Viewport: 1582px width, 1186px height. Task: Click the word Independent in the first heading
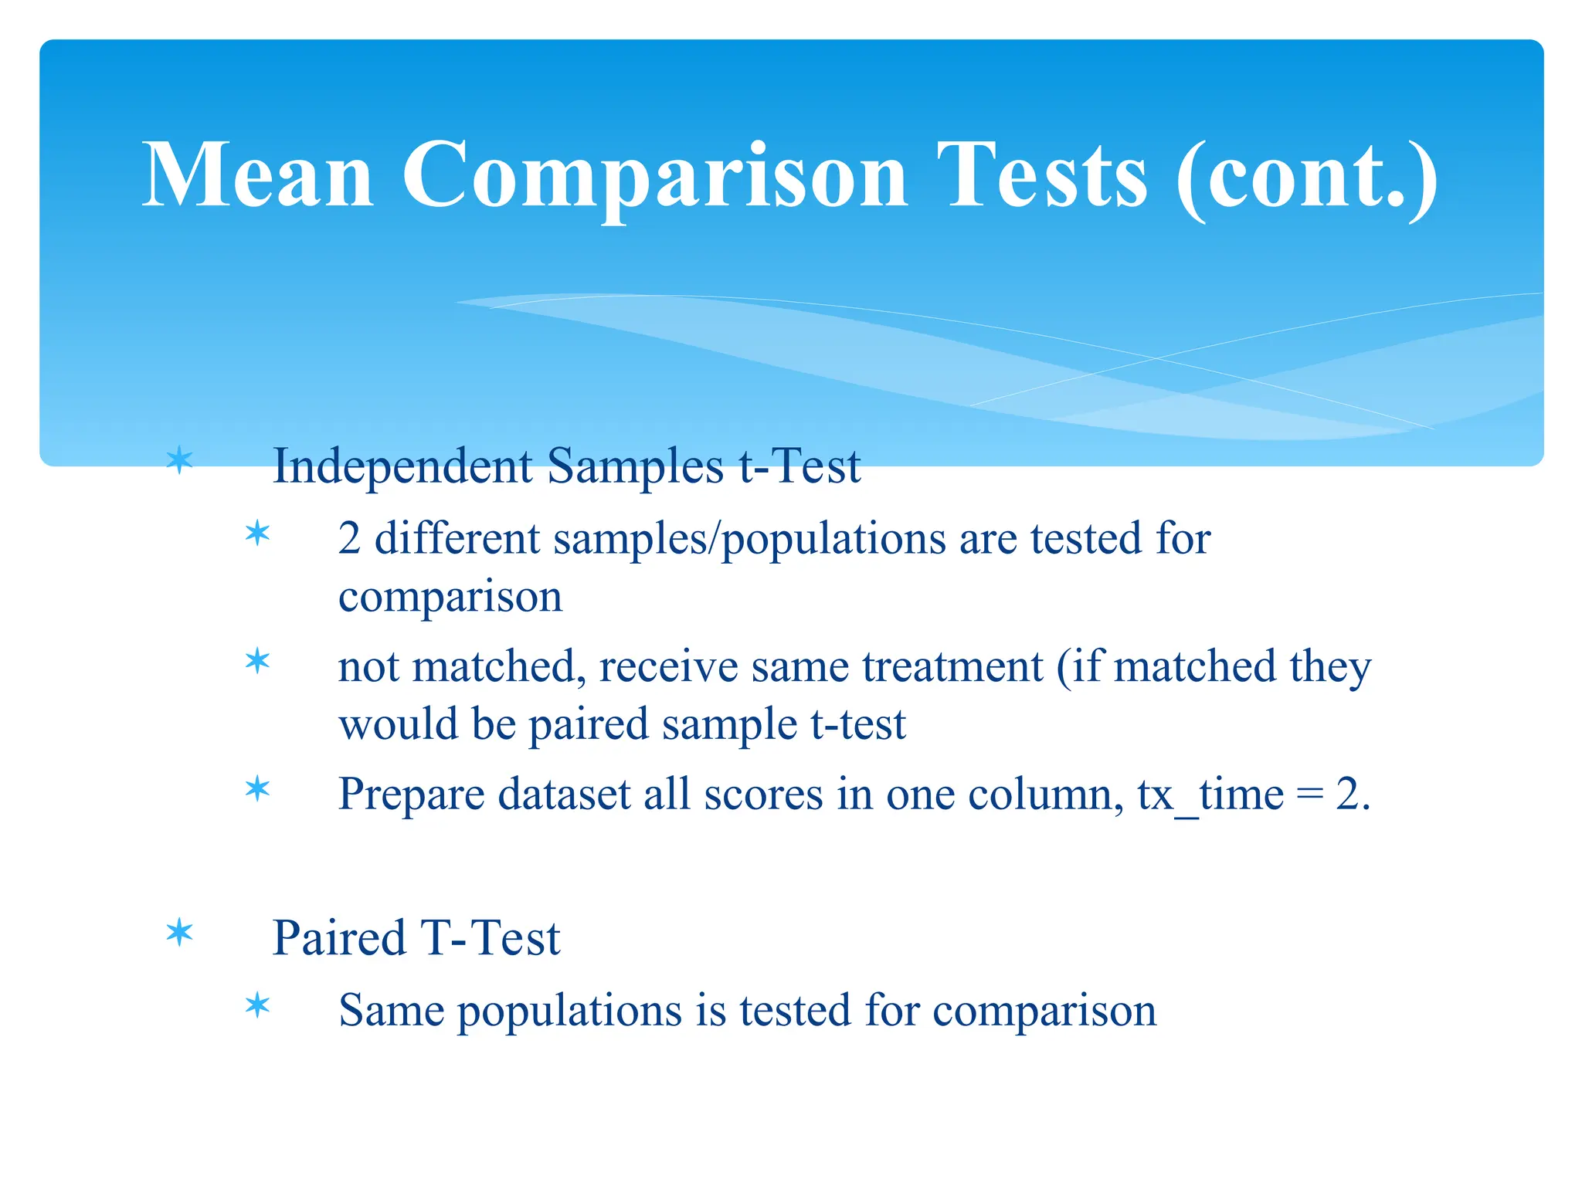tap(402, 466)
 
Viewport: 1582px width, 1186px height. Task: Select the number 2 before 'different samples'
tap(349, 538)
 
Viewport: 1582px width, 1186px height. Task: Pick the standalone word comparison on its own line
tap(450, 597)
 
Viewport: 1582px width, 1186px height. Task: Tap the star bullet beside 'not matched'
tap(257, 661)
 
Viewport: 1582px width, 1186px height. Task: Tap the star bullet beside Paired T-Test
tap(180, 933)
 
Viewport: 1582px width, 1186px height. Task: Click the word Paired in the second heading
tap(339, 938)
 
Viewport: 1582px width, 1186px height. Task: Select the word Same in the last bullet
tap(391, 1010)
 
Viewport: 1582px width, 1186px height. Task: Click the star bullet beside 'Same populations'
tap(257, 1005)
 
